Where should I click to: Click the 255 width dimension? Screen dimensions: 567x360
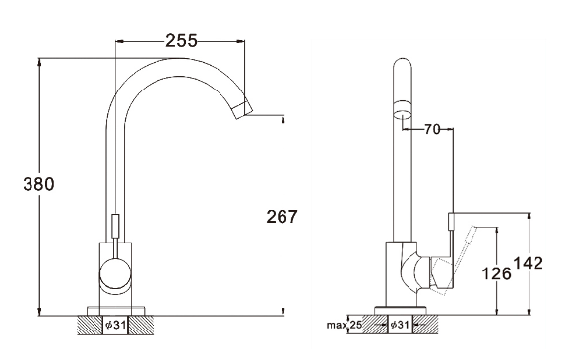[x=181, y=41]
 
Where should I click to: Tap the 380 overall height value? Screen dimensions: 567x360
[x=38, y=184]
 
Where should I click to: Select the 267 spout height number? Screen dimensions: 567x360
[x=282, y=216]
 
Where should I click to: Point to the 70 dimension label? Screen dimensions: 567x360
[x=432, y=129]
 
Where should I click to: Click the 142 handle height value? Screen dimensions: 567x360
[x=529, y=263]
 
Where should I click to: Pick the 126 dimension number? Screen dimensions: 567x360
[x=497, y=273]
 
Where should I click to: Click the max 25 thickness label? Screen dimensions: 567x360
[x=344, y=325]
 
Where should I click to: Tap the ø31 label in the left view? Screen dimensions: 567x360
[x=116, y=325]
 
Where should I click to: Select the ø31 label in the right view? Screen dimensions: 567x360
[x=400, y=325]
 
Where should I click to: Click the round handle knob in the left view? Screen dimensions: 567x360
[x=115, y=273]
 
